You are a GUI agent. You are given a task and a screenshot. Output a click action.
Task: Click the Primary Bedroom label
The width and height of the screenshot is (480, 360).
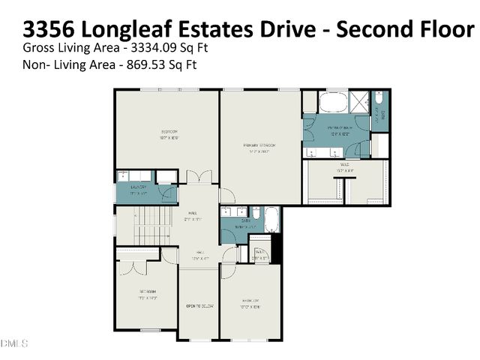coord(259,147)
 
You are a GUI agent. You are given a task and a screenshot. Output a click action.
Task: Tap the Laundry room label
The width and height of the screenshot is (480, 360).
coord(137,189)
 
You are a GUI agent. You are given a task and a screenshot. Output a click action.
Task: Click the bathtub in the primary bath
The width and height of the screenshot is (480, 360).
coord(332,103)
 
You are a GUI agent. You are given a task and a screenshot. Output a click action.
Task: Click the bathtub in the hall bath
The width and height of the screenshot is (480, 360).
coord(271,222)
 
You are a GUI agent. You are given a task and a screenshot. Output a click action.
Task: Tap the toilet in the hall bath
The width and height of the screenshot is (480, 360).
coord(255,212)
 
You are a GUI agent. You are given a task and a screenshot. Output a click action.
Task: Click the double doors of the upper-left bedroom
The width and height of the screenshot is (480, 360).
coord(196,178)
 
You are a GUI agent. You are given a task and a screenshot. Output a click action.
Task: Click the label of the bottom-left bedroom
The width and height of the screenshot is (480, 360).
coord(146,294)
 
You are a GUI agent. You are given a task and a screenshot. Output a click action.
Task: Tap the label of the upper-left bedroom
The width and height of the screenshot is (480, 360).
coord(167,136)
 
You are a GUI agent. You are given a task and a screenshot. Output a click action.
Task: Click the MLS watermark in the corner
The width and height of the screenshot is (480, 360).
coord(13,343)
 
